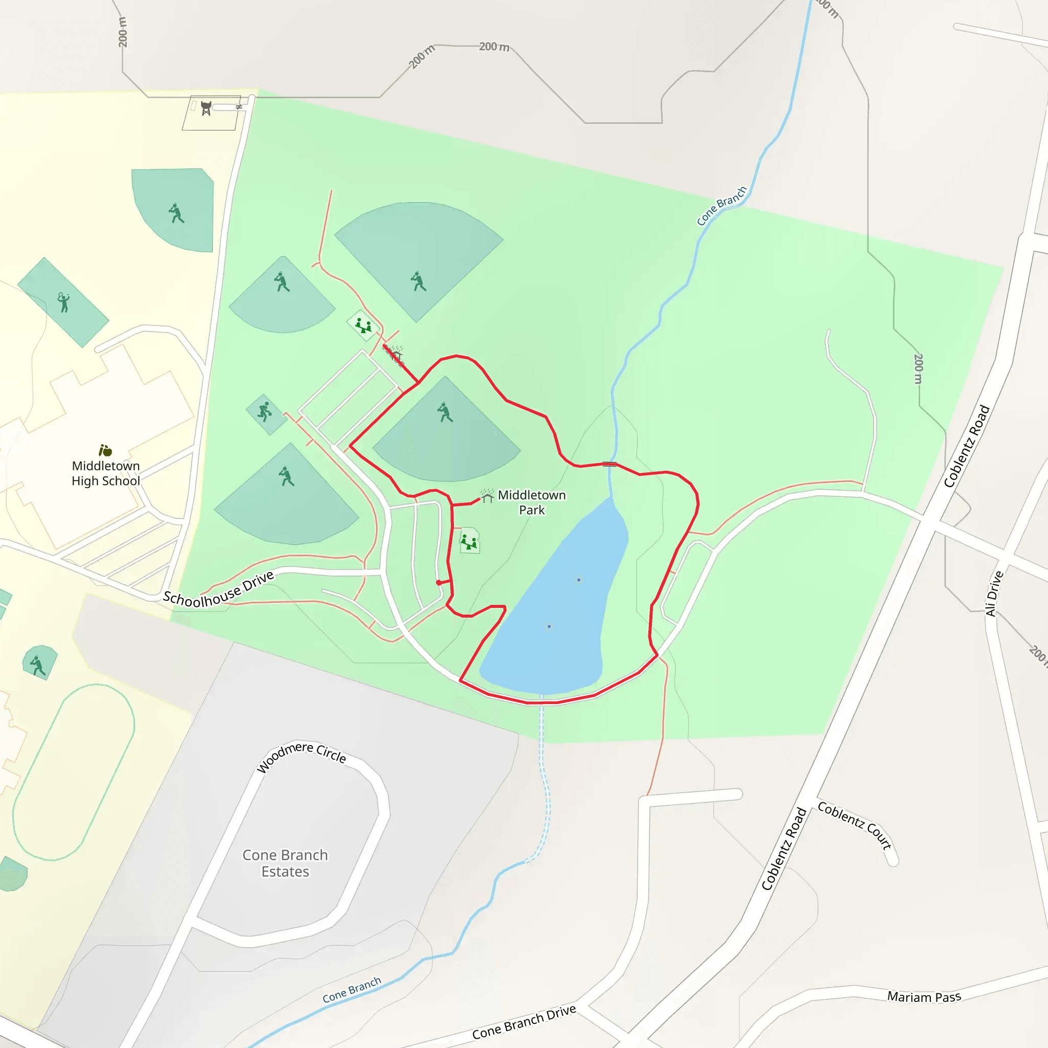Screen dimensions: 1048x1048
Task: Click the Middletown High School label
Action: click(106, 473)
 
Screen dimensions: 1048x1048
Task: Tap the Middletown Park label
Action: click(532, 503)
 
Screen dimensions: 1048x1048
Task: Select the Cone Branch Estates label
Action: click(285, 863)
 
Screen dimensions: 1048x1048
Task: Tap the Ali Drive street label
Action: click(994, 594)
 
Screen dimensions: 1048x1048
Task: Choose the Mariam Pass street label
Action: click(924, 996)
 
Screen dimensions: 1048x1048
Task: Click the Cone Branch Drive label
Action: click(523, 1022)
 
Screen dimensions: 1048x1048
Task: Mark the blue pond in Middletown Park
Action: click(559, 607)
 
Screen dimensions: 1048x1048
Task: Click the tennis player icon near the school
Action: click(63, 302)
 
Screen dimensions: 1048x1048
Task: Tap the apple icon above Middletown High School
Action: click(105, 450)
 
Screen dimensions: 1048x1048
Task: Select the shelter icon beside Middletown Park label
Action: click(487, 496)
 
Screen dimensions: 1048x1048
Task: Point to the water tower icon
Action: click(206, 108)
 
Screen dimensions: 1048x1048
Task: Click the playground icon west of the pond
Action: click(469, 541)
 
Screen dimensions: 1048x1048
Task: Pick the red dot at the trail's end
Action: click(439, 582)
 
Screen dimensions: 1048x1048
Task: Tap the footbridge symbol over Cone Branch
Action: click(609, 464)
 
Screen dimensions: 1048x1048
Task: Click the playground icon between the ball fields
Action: click(363, 325)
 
